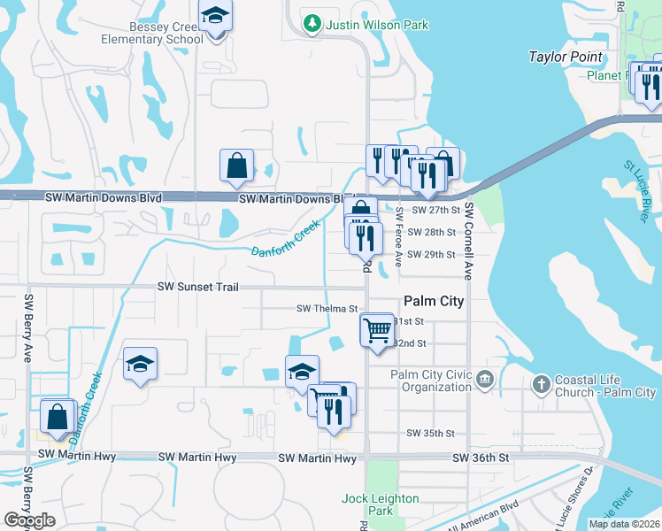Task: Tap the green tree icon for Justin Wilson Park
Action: click(x=311, y=24)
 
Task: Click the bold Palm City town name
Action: click(x=434, y=301)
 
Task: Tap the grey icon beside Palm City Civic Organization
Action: click(x=484, y=381)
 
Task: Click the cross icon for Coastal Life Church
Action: click(x=541, y=385)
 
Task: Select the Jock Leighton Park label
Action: click(x=381, y=505)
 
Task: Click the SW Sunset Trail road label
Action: click(x=211, y=287)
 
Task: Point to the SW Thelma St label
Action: click(x=326, y=309)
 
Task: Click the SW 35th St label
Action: click(x=430, y=434)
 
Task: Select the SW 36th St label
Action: click(x=481, y=458)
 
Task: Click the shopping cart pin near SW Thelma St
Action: click(x=378, y=330)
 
